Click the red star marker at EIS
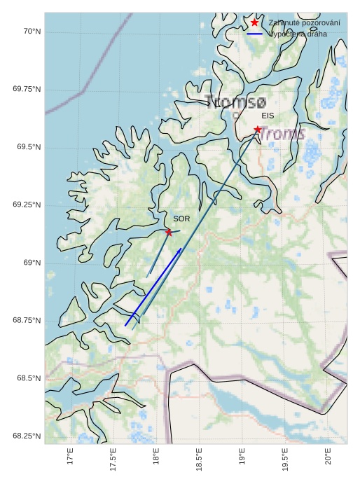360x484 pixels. tap(258, 130)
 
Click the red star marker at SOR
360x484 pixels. tap(169, 232)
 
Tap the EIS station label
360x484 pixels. tap(268, 116)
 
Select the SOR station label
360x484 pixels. tap(181, 219)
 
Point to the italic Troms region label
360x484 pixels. tap(282, 132)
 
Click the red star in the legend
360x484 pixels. tap(254, 23)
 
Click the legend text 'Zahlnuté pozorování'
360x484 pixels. tap(304, 23)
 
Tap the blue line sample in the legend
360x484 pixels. tap(254, 34)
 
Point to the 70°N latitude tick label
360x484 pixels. tap(32, 32)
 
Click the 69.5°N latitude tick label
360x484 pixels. tap(27, 147)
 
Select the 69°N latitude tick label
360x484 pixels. tap(32, 263)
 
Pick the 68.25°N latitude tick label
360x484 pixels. tap(27, 436)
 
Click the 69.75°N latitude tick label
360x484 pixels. tap(27, 89)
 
